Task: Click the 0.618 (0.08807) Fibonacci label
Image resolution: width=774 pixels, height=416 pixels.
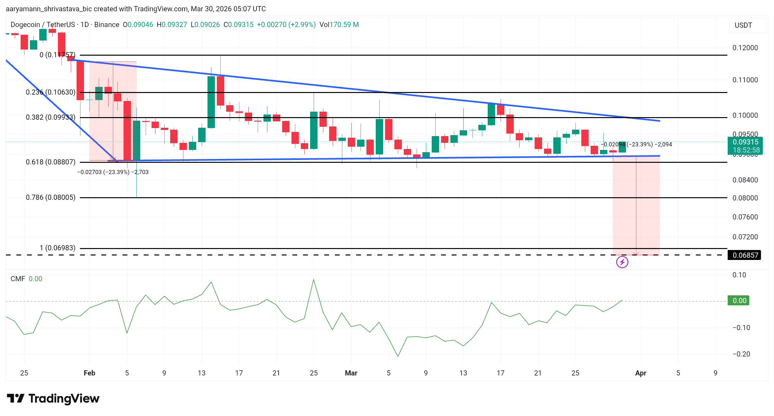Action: (51, 162)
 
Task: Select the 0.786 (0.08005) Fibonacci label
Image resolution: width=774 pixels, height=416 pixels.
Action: (51, 197)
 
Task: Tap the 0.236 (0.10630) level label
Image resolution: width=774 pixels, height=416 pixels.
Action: (51, 92)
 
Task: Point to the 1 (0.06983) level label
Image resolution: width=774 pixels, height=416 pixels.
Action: (57, 248)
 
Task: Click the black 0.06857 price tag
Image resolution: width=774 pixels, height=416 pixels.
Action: (745, 255)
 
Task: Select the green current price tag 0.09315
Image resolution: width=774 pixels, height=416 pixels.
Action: (745, 142)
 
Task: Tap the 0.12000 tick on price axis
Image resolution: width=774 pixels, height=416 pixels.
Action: (745, 48)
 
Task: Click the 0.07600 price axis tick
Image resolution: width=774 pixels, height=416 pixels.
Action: (745, 217)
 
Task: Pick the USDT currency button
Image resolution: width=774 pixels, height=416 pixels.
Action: (743, 25)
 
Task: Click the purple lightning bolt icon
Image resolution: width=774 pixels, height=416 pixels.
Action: (622, 262)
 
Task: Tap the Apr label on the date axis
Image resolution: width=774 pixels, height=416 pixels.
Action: (640, 373)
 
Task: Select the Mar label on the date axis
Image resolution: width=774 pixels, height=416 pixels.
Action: (351, 373)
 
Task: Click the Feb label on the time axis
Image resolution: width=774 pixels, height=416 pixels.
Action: (89, 373)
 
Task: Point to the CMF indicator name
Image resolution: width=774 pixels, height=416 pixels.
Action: (17, 279)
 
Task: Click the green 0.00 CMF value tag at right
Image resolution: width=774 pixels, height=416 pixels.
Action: (739, 300)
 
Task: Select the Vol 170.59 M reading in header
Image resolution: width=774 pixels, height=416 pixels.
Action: (339, 25)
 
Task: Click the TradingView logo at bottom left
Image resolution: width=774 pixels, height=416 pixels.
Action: (53, 399)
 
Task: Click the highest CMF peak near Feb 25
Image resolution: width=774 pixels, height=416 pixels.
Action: (313, 280)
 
